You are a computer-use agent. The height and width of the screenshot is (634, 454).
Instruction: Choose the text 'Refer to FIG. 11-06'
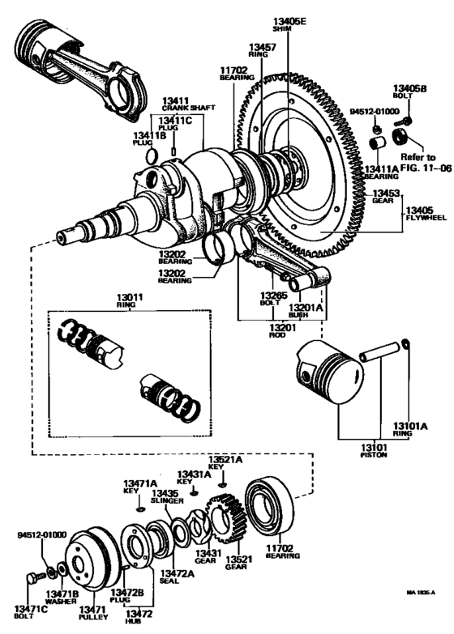[418, 160]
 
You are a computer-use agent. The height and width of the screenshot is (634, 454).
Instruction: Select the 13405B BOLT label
[409, 92]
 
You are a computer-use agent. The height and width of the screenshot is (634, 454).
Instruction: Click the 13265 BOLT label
[274, 299]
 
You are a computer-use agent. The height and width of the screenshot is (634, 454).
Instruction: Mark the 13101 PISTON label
[374, 450]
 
